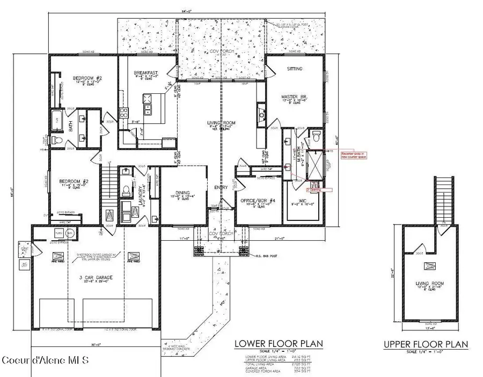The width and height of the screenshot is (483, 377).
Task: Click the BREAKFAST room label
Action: [x=145, y=73]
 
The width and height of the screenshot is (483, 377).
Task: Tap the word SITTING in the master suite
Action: [x=295, y=69]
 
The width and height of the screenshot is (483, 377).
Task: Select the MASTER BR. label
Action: [x=294, y=97]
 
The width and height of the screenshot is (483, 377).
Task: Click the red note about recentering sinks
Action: [x=351, y=154]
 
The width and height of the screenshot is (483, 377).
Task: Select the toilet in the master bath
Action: [x=316, y=133]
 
